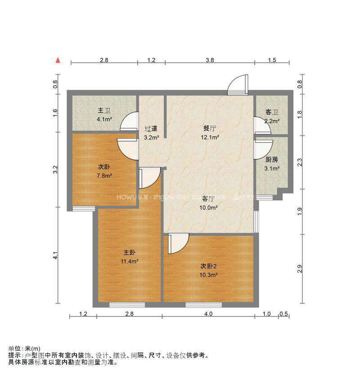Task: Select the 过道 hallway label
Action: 151,128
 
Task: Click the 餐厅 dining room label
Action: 209,128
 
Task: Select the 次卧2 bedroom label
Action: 209,266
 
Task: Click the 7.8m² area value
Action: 104,176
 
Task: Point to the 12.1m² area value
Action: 210,137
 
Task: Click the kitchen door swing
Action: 263,149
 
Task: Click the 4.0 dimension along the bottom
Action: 209,314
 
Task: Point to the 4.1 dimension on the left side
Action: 55,256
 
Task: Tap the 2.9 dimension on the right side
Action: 300,269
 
